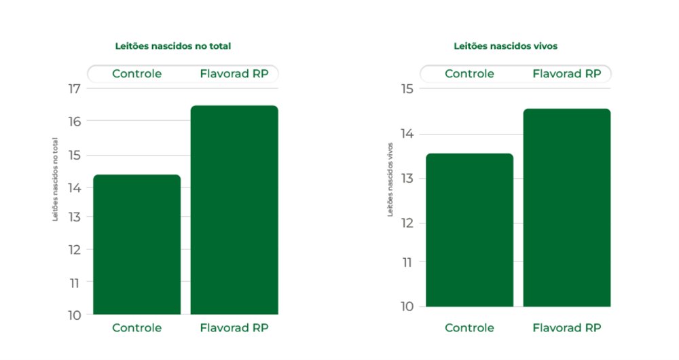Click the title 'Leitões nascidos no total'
point(173,46)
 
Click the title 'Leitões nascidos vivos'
point(505,46)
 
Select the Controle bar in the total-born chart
point(137,245)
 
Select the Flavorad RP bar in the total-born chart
point(234,211)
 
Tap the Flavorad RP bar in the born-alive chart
point(567,207)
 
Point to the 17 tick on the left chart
point(73,88)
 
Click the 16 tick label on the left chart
point(73,121)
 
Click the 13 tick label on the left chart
point(73,217)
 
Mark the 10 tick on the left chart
point(73,315)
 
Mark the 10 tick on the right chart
point(406,306)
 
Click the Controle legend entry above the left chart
point(137,74)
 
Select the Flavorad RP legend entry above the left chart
point(234,74)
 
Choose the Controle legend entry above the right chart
point(469,74)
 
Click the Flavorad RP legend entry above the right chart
point(567,74)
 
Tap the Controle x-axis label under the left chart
point(137,328)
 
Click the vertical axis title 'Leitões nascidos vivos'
point(390,179)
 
